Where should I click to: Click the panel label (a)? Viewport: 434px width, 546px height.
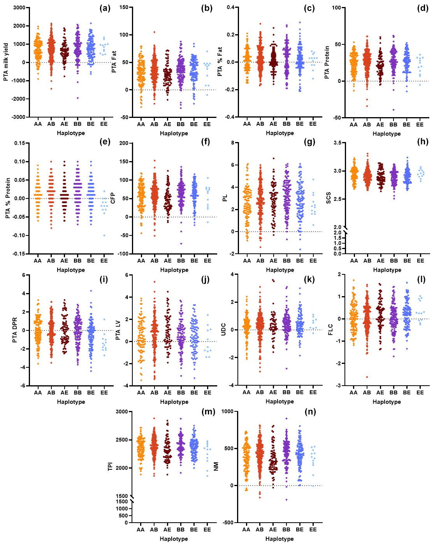point(105,8)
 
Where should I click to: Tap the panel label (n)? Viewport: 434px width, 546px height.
point(310,412)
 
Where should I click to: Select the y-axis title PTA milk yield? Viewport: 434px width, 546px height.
point(6,62)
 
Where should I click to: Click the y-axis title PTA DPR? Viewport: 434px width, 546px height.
point(15,330)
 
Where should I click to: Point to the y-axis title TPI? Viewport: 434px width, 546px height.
point(110,467)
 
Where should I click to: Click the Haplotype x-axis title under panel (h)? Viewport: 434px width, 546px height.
point(387,270)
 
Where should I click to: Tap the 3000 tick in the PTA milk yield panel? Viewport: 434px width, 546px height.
point(19,8)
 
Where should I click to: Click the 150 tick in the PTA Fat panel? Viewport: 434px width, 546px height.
point(124,8)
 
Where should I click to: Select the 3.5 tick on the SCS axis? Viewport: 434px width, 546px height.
point(337,143)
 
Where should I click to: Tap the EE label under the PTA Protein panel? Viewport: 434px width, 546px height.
point(420,125)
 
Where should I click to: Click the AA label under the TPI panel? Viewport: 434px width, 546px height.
point(141,529)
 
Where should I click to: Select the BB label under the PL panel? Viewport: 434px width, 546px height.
point(286,260)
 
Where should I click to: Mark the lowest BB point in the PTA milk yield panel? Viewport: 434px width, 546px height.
point(77,98)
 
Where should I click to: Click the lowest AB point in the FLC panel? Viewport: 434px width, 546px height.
point(367,377)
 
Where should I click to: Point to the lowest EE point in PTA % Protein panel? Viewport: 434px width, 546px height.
point(104,235)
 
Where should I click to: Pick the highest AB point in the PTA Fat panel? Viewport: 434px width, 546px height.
point(154,32)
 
